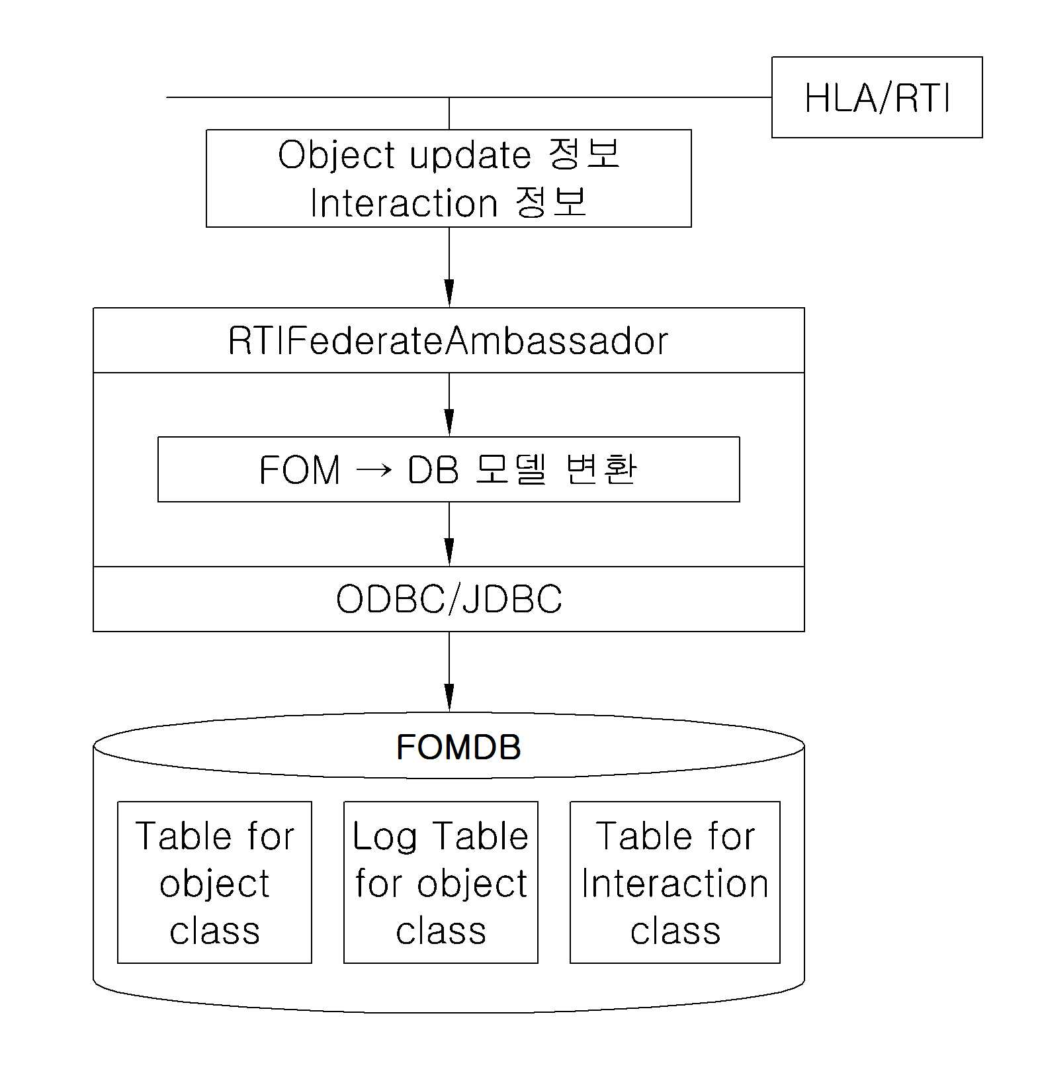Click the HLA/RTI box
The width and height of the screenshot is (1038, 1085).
pyautogui.click(x=877, y=97)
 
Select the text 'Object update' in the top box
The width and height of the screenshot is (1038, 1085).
pyautogui.click(x=404, y=155)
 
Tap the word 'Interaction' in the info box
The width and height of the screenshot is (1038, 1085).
pyautogui.click(x=404, y=203)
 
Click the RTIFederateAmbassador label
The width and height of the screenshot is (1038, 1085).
pyautogui.click(x=449, y=342)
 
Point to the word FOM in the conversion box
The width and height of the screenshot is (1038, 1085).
pyautogui.click(x=300, y=470)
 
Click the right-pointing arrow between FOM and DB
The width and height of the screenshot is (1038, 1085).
pyautogui.click(x=374, y=471)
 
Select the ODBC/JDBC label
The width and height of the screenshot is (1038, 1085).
pyautogui.click(x=449, y=599)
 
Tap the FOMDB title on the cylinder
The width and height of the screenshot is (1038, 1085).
pyautogui.click(x=458, y=747)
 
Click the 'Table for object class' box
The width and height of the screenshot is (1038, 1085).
pyautogui.click(x=214, y=882)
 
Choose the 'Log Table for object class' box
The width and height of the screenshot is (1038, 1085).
pyautogui.click(x=441, y=882)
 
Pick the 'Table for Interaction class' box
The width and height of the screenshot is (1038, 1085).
pyautogui.click(x=675, y=882)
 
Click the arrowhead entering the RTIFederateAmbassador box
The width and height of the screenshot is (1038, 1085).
pyautogui.click(x=449, y=294)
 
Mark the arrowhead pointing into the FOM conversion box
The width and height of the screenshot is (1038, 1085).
pyautogui.click(x=449, y=423)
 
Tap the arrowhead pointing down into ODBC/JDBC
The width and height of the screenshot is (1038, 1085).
pyautogui.click(x=449, y=553)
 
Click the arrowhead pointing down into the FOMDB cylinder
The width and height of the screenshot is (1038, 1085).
pyautogui.click(x=449, y=698)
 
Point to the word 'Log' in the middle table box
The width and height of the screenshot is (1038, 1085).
pyautogui.click(x=384, y=837)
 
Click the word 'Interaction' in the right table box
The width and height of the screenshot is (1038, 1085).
pyautogui.click(x=675, y=884)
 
